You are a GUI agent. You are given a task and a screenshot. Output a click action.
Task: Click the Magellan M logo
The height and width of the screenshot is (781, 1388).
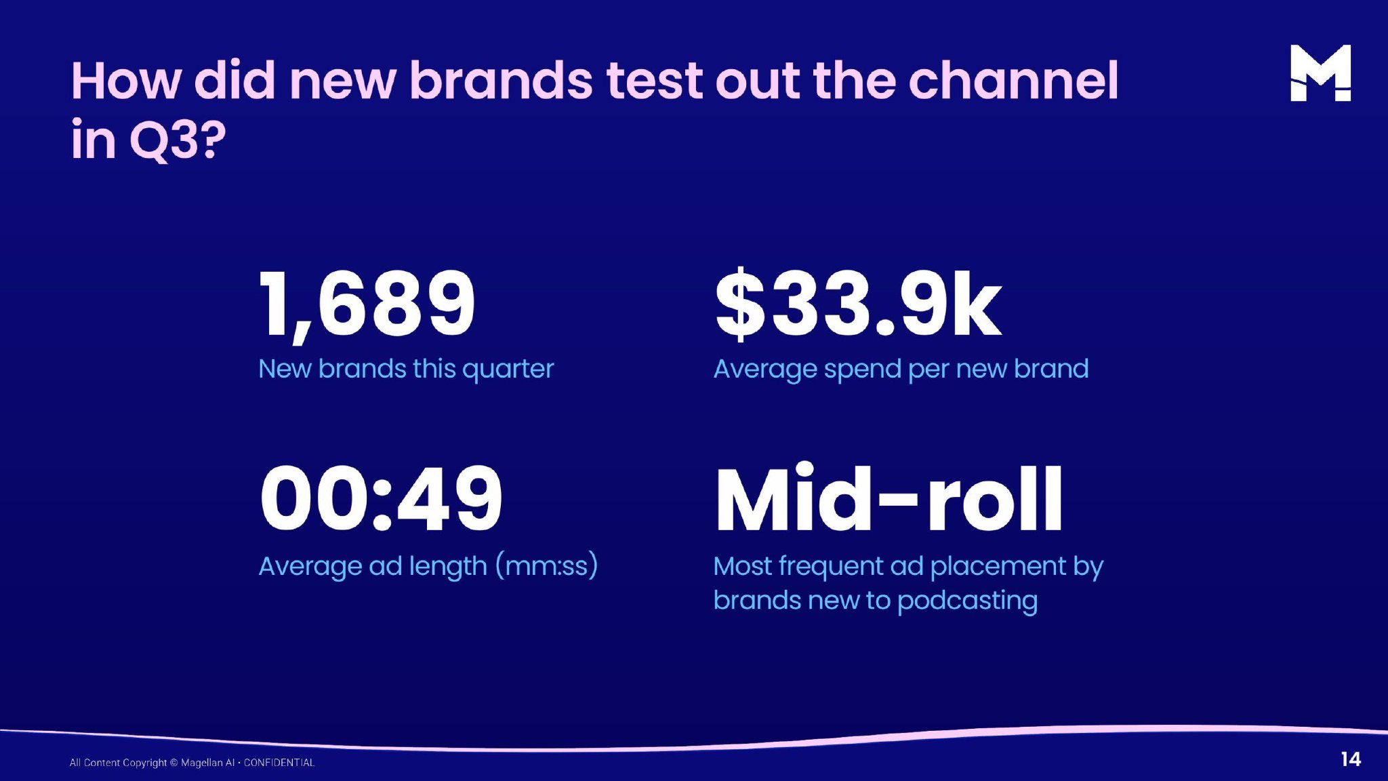pyautogui.click(x=1320, y=73)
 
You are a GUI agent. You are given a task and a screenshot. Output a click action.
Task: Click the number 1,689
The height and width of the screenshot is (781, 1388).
pyautogui.click(x=367, y=304)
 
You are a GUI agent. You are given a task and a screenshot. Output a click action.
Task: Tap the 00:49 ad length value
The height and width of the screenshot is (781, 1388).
pyautogui.click(x=381, y=498)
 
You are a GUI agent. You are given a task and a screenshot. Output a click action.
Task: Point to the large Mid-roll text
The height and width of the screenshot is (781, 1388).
pyautogui.click(x=889, y=497)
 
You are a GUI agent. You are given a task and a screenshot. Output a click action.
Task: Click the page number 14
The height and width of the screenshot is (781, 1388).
pyautogui.click(x=1350, y=759)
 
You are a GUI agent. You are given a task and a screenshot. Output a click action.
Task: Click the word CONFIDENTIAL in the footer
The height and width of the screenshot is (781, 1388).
pyautogui.click(x=279, y=763)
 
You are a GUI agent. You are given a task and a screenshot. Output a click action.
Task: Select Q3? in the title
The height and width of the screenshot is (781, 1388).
pyautogui.click(x=178, y=140)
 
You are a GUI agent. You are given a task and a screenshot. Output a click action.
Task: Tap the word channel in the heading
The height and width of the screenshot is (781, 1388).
pyautogui.click(x=1013, y=81)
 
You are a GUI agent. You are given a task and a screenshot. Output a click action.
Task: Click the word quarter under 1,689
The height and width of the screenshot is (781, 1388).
pyautogui.click(x=508, y=369)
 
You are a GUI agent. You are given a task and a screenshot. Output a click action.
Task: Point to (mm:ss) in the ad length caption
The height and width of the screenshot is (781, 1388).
pyautogui.click(x=546, y=565)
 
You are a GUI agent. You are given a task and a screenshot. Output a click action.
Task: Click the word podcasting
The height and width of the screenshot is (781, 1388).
pyautogui.click(x=967, y=601)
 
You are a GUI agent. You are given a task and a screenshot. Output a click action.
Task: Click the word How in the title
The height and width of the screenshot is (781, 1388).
pyautogui.click(x=127, y=81)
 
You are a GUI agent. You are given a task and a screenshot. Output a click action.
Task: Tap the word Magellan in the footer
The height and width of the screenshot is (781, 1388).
pyautogui.click(x=201, y=763)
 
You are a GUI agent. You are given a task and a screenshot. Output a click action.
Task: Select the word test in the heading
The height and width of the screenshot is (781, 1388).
pyautogui.click(x=655, y=81)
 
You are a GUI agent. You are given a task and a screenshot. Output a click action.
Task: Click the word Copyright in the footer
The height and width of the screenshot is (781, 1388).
pyautogui.click(x=144, y=763)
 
